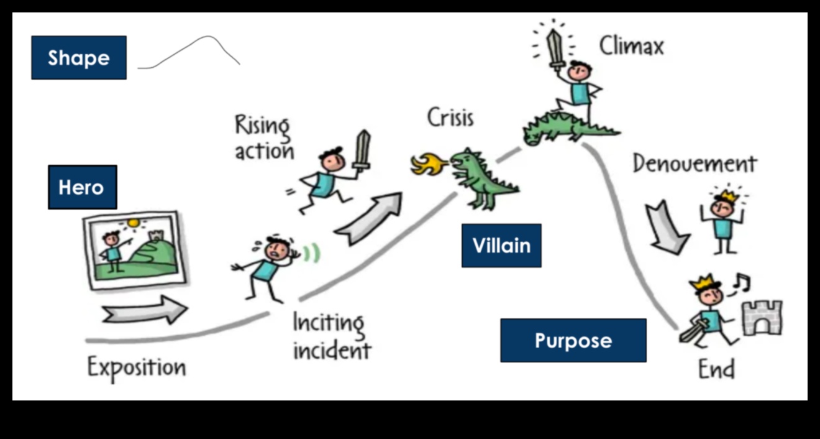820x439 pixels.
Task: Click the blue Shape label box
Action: click(79, 57)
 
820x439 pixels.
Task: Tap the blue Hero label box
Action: click(82, 187)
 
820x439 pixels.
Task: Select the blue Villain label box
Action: click(501, 246)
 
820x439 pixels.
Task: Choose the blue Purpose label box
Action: click(573, 340)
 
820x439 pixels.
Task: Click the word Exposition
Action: click(136, 367)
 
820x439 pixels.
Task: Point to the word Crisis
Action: click(450, 118)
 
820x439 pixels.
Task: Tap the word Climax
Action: click(631, 46)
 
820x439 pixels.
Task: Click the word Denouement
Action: click(695, 164)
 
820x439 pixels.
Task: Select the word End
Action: click(716, 369)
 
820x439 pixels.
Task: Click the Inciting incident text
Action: click(331, 336)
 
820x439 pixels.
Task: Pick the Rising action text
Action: click(263, 137)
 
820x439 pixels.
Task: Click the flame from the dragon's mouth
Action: click(428, 165)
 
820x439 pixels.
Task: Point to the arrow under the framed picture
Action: click(144, 310)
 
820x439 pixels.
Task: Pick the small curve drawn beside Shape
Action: click(189, 52)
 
